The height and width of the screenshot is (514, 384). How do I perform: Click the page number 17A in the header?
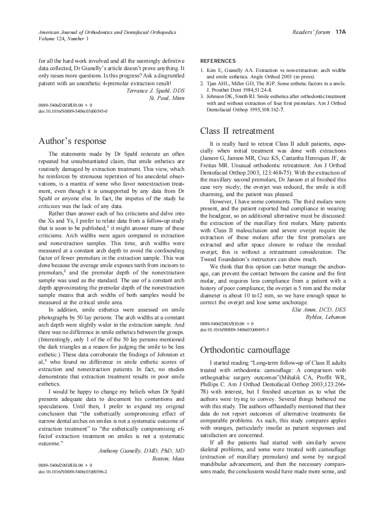(x=340, y=33)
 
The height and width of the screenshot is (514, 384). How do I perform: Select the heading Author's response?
(x=72, y=141)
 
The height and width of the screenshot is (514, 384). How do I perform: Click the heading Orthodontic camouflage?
(x=245, y=350)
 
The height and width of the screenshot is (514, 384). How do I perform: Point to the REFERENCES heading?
(x=218, y=61)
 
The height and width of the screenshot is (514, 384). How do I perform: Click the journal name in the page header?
(x=107, y=33)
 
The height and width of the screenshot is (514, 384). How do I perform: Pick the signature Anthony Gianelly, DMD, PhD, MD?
(x=141, y=451)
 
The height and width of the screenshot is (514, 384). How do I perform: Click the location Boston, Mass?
(x=168, y=458)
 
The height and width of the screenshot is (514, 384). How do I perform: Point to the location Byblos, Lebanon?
(x=326, y=317)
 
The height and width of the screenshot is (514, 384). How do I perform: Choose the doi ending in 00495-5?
(x=235, y=329)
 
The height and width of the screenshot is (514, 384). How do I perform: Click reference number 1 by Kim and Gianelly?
(x=273, y=73)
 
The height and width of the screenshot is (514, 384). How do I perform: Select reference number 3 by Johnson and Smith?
(x=273, y=103)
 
